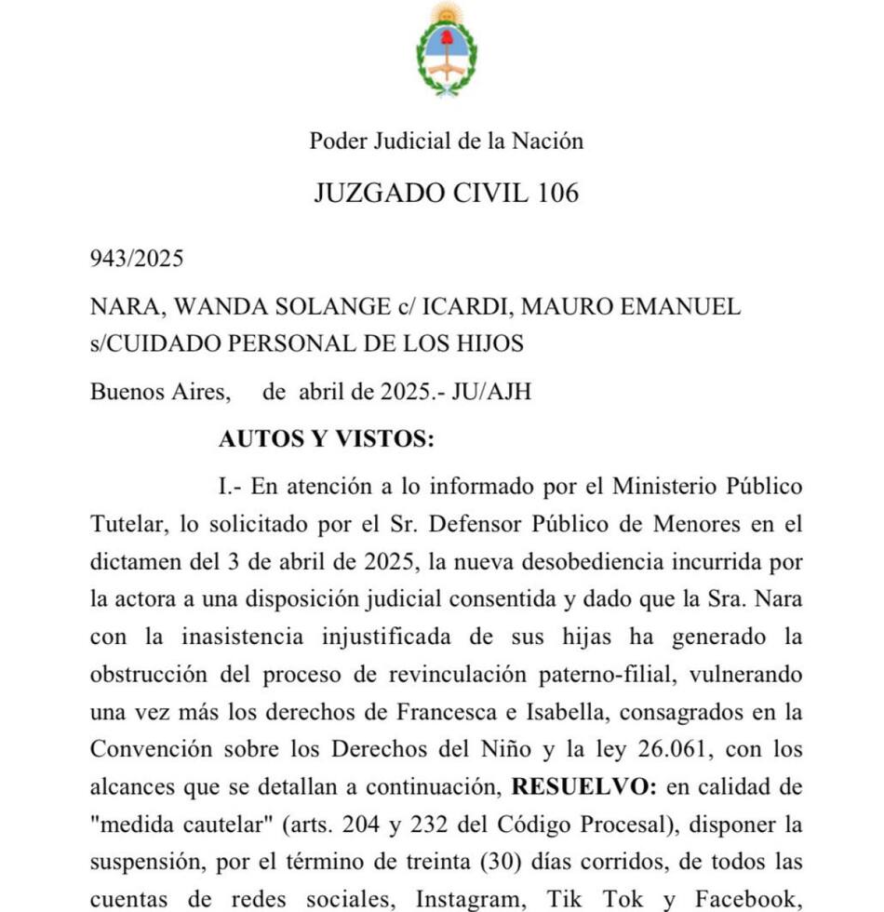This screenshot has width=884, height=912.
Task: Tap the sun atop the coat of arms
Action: pyautogui.click(x=447, y=14)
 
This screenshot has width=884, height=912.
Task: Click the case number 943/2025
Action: pyautogui.click(x=137, y=258)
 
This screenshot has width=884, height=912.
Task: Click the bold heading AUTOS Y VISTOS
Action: pyautogui.click(x=326, y=439)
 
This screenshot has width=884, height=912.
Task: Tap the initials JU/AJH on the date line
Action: pyautogui.click(x=491, y=391)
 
